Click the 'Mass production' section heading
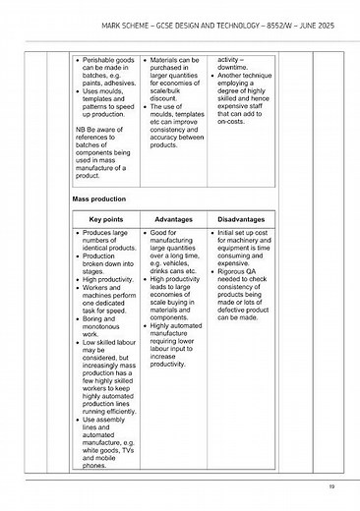coord(100,199)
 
